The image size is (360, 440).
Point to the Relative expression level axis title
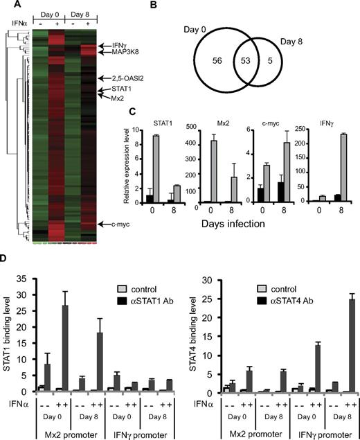click(129, 166)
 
